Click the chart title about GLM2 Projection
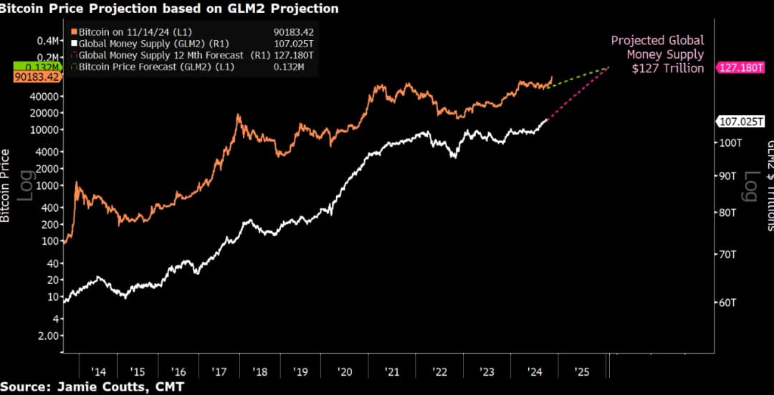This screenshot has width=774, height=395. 170,9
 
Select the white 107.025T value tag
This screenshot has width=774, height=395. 742,121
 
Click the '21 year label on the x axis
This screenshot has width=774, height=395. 392,372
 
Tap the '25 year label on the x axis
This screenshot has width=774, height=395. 583,372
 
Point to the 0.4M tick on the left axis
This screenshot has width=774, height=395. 47,41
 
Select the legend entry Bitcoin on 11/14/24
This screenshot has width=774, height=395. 125,31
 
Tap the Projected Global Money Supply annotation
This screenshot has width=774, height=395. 657,54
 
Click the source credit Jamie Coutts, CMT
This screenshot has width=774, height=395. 92,387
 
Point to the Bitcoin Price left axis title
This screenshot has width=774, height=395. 6,185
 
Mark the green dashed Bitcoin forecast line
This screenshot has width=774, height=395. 577,77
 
